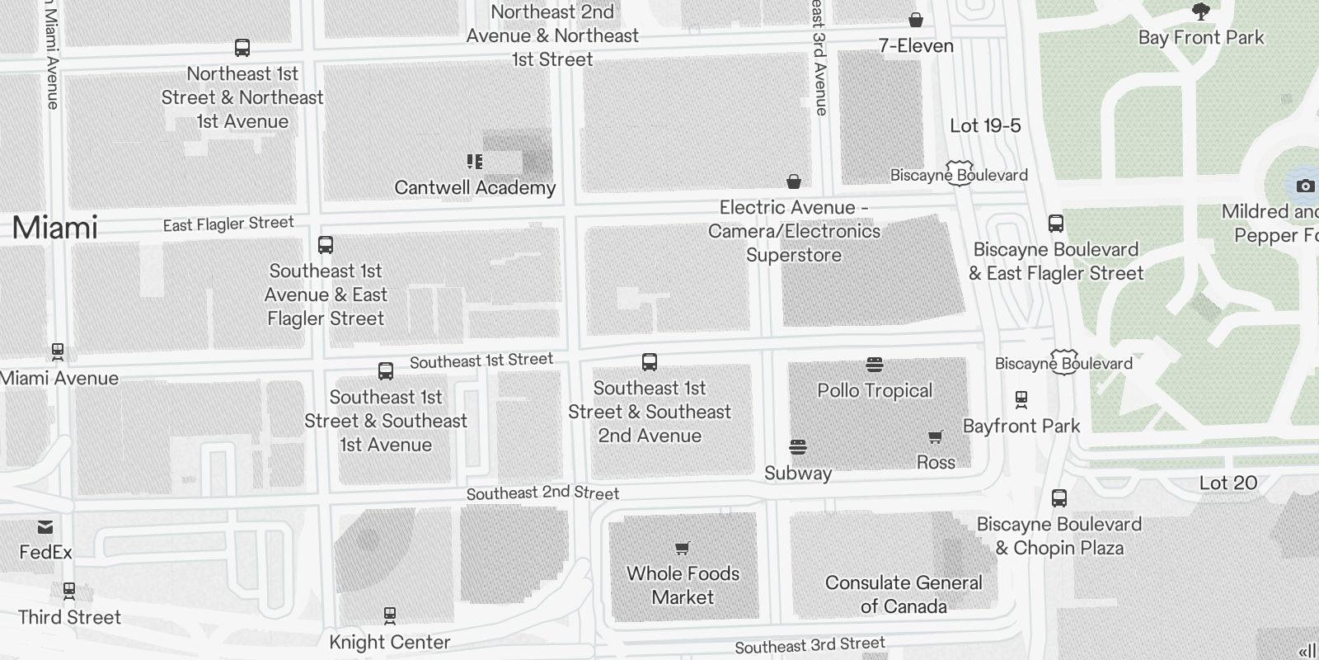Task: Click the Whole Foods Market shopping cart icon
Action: pyautogui.click(x=683, y=549)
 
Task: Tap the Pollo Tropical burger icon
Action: pyautogui.click(x=875, y=364)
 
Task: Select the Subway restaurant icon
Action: pyautogui.click(x=797, y=448)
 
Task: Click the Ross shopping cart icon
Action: pyautogui.click(x=936, y=437)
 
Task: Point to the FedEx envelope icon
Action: pyautogui.click(x=45, y=527)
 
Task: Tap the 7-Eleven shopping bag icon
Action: pyautogui.click(x=916, y=20)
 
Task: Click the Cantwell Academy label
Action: pyautogui.click(x=475, y=188)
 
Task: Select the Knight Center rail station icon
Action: pyautogui.click(x=390, y=615)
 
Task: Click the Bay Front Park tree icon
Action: pyautogui.click(x=1201, y=12)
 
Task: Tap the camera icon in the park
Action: pyautogui.click(x=1305, y=186)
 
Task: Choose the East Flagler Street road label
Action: pyautogui.click(x=228, y=224)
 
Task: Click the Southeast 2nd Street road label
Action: pyautogui.click(x=542, y=493)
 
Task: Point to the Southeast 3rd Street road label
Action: pyautogui.click(x=810, y=644)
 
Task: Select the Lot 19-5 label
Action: pyautogui.click(x=985, y=126)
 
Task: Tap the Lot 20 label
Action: pyautogui.click(x=1228, y=483)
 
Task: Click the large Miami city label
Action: pyautogui.click(x=55, y=228)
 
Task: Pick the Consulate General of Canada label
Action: pyautogui.click(x=904, y=594)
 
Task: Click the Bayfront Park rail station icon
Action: pyautogui.click(x=1021, y=400)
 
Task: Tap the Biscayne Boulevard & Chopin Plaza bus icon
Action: pyautogui.click(x=1059, y=498)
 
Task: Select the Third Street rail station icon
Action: pyautogui.click(x=69, y=591)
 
